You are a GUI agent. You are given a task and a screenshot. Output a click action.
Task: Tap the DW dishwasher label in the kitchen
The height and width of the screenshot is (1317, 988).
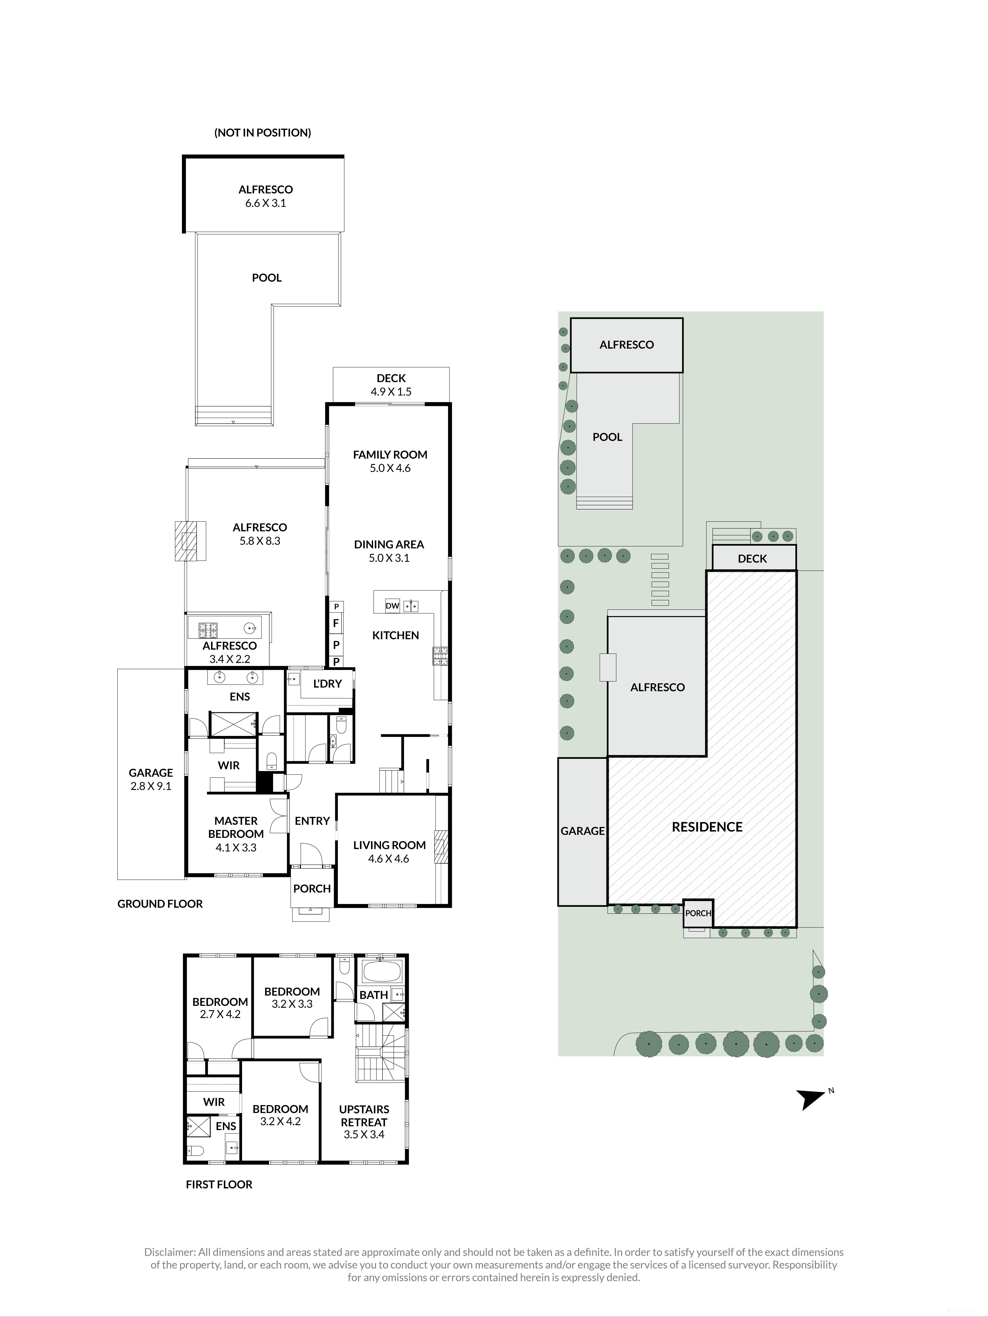(x=392, y=606)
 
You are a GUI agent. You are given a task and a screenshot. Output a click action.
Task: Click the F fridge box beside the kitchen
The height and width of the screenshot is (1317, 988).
(x=336, y=623)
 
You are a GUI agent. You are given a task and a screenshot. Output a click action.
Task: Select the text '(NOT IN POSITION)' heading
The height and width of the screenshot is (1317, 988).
(x=263, y=133)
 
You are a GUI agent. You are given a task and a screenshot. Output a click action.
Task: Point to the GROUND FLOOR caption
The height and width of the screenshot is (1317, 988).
(x=160, y=904)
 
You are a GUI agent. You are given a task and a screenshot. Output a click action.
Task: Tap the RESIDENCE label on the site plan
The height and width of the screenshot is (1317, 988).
(x=707, y=827)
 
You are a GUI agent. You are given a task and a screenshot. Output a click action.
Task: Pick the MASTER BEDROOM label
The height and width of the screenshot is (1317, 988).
(x=236, y=828)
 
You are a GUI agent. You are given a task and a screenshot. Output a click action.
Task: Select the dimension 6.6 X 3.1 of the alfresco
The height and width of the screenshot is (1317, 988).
(x=266, y=203)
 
